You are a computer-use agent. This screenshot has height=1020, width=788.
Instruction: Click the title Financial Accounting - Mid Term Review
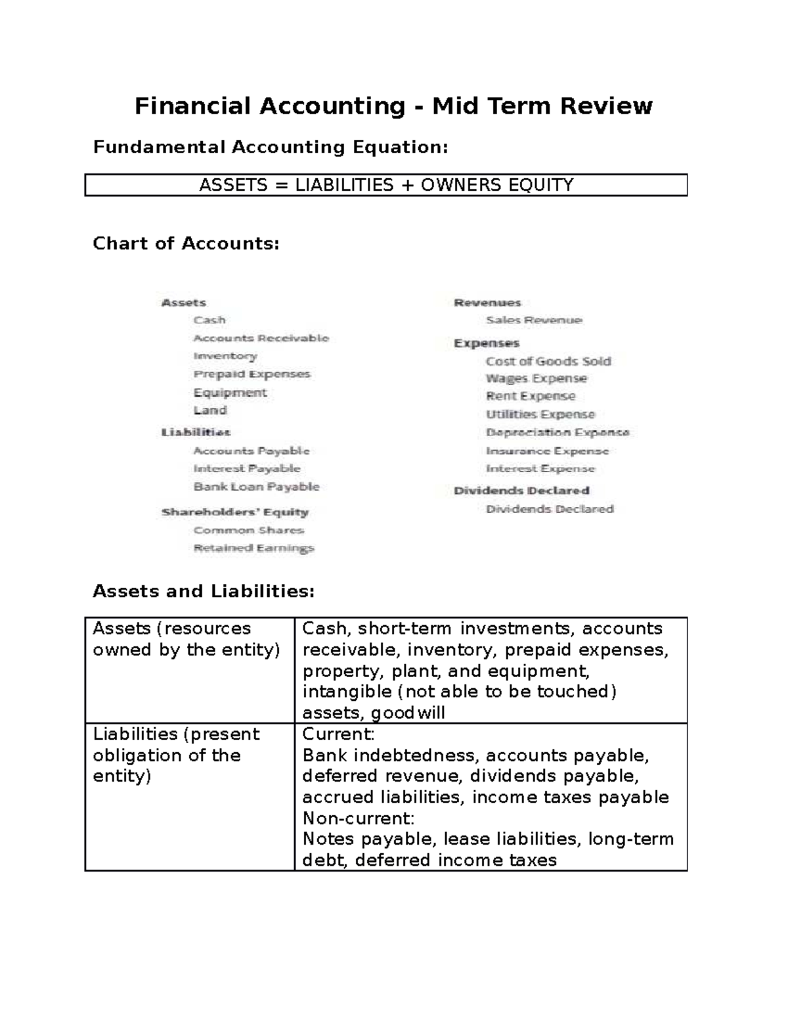coord(393,106)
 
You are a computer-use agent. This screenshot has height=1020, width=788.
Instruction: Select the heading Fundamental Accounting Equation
coord(270,147)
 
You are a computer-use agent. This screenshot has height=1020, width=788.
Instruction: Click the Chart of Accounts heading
coord(186,244)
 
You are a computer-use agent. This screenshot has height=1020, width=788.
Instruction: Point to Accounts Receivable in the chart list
coord(261,338)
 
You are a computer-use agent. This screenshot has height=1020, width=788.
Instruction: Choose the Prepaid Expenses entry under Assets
coord(252,374)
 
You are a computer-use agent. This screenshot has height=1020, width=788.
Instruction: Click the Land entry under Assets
coord(210,410)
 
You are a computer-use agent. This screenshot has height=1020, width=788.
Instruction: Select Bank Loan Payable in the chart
coord(256,487)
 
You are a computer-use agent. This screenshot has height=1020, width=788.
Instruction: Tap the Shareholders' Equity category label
coord(234,512)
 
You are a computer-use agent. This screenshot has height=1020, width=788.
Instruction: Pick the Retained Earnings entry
coord(253,548)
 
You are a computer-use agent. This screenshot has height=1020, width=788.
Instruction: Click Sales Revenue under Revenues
coord(534,321)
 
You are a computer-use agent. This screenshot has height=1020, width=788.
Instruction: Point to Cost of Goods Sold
coord(548,361)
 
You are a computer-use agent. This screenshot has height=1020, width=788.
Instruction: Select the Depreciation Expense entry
coord(558,433)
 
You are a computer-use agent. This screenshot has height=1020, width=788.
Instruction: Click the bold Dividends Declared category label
coord(521,491)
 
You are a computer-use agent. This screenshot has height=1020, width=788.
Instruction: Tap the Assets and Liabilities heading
coord(204,592)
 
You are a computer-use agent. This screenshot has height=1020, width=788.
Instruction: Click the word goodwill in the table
coord(408,713)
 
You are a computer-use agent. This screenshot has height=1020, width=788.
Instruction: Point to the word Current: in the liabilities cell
coord(338,734)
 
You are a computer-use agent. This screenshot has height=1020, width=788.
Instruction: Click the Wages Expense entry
coord(536,379)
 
